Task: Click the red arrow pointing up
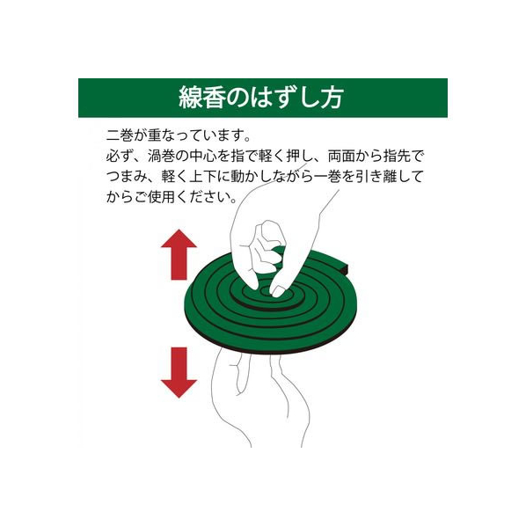point(179,254)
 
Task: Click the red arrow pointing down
point(179,372)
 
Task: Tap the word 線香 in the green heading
point(201,98)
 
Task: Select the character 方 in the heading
point(332,98)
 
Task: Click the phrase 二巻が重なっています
point(174,135)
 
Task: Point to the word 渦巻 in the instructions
point(161,156)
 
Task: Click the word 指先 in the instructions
point(397,156)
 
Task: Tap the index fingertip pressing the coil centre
point(277,291)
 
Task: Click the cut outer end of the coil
point(347,268)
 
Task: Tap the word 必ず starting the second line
point(120,156)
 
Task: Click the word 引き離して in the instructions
point(390,176)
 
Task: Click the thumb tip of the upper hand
point(252,284)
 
